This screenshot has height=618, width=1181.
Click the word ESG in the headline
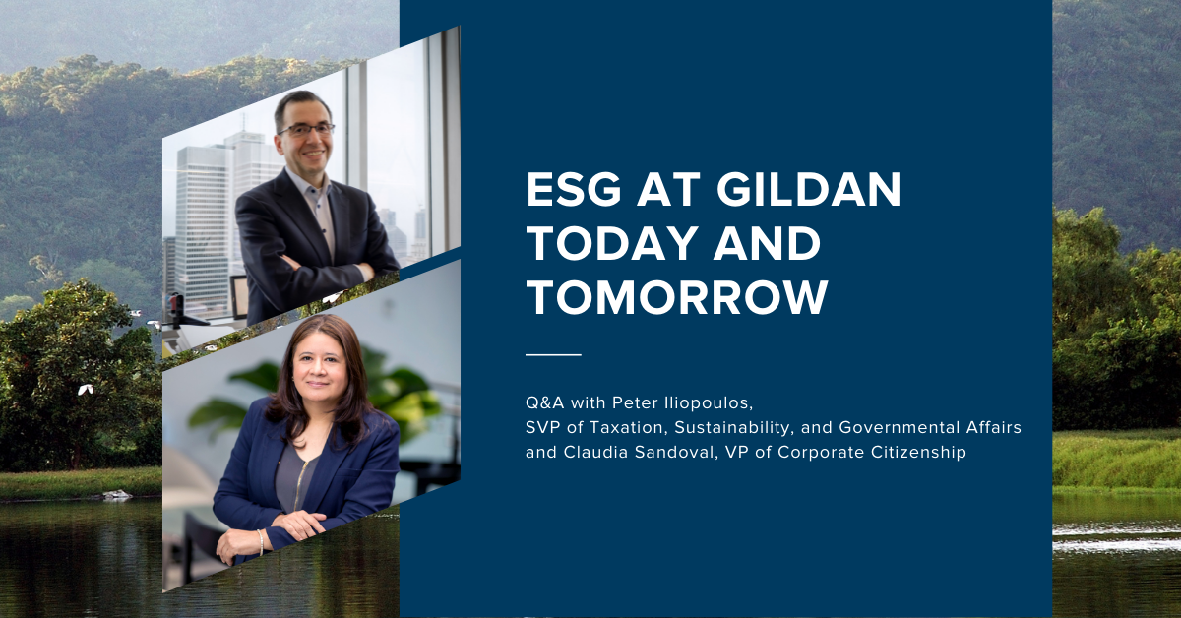pos(574,189)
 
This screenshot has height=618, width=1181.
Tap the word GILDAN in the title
pos(809,189)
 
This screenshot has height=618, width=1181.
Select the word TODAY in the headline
pos(614,243)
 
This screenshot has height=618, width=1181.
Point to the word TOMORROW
pos(677,297)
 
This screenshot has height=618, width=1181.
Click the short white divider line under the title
pos(553,355)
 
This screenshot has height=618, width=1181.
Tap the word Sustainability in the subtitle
pos(734,428)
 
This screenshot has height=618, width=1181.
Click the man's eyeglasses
pos(306,129)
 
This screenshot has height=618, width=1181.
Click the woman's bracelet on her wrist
pos(261,542)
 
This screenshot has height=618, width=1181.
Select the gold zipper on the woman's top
pos(299,484)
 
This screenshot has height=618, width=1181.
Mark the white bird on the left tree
pos(86,390)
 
